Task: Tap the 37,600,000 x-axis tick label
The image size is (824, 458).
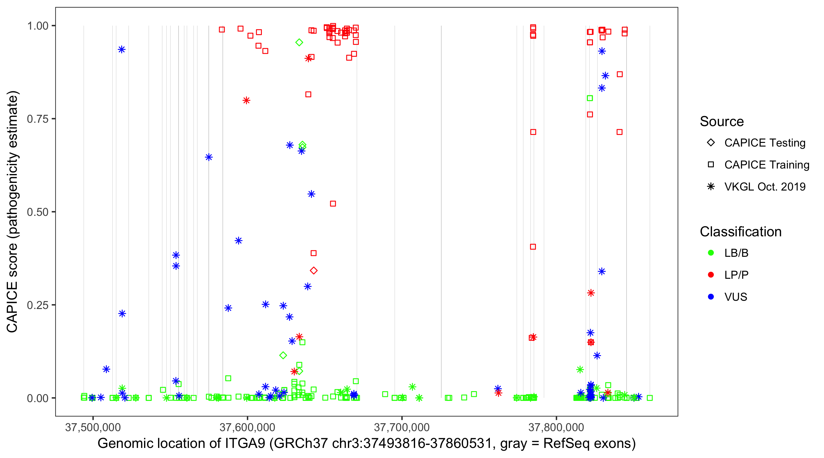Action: coord(247,427)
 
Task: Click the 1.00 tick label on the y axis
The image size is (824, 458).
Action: coord(38,26)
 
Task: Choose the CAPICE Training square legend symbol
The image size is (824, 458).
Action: coord(711,165)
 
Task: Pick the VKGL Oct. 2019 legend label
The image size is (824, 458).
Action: coord(765,187)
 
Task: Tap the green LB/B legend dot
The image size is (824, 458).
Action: coord(711,253)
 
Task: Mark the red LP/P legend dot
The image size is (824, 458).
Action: coord(711,275)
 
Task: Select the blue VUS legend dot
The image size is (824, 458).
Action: coord(711,297)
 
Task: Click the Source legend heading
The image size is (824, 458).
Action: coord(722,122)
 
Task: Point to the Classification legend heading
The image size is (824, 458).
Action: coord(740,232)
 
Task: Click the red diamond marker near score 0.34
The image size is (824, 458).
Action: coord(313,271)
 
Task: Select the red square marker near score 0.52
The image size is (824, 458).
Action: coord(333,204)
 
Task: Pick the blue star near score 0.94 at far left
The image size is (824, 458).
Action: coord(121,49)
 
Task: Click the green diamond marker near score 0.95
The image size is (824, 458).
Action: coord(299,42)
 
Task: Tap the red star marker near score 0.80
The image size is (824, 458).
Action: coord(246,100)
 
